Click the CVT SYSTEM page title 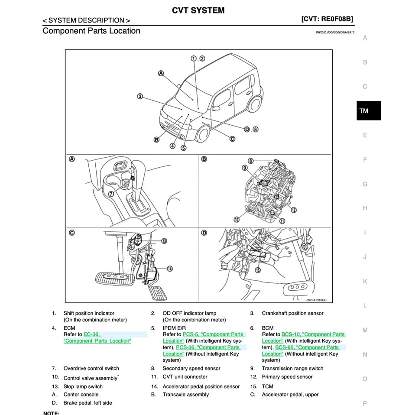(x=198, y=10)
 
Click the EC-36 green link (x=92, y=334)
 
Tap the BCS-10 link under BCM (x=291, y=334)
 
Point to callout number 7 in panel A (x=111, y=194)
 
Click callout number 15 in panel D (x=258, y=270)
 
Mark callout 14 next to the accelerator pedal (x=170, y=269)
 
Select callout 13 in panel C (x=164, y=241)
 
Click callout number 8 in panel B (x=250, y=161)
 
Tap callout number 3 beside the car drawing (x=140, y=96)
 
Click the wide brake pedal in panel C (x=112, y=277)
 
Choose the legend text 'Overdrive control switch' (x=91, y=368)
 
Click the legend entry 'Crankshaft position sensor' (x=292, y=313)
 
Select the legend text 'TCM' (x=267, y=386)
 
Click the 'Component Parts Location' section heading (x=91, y=31)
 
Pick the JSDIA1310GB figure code (x=316, y=300)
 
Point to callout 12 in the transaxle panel (x=293, y=210)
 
